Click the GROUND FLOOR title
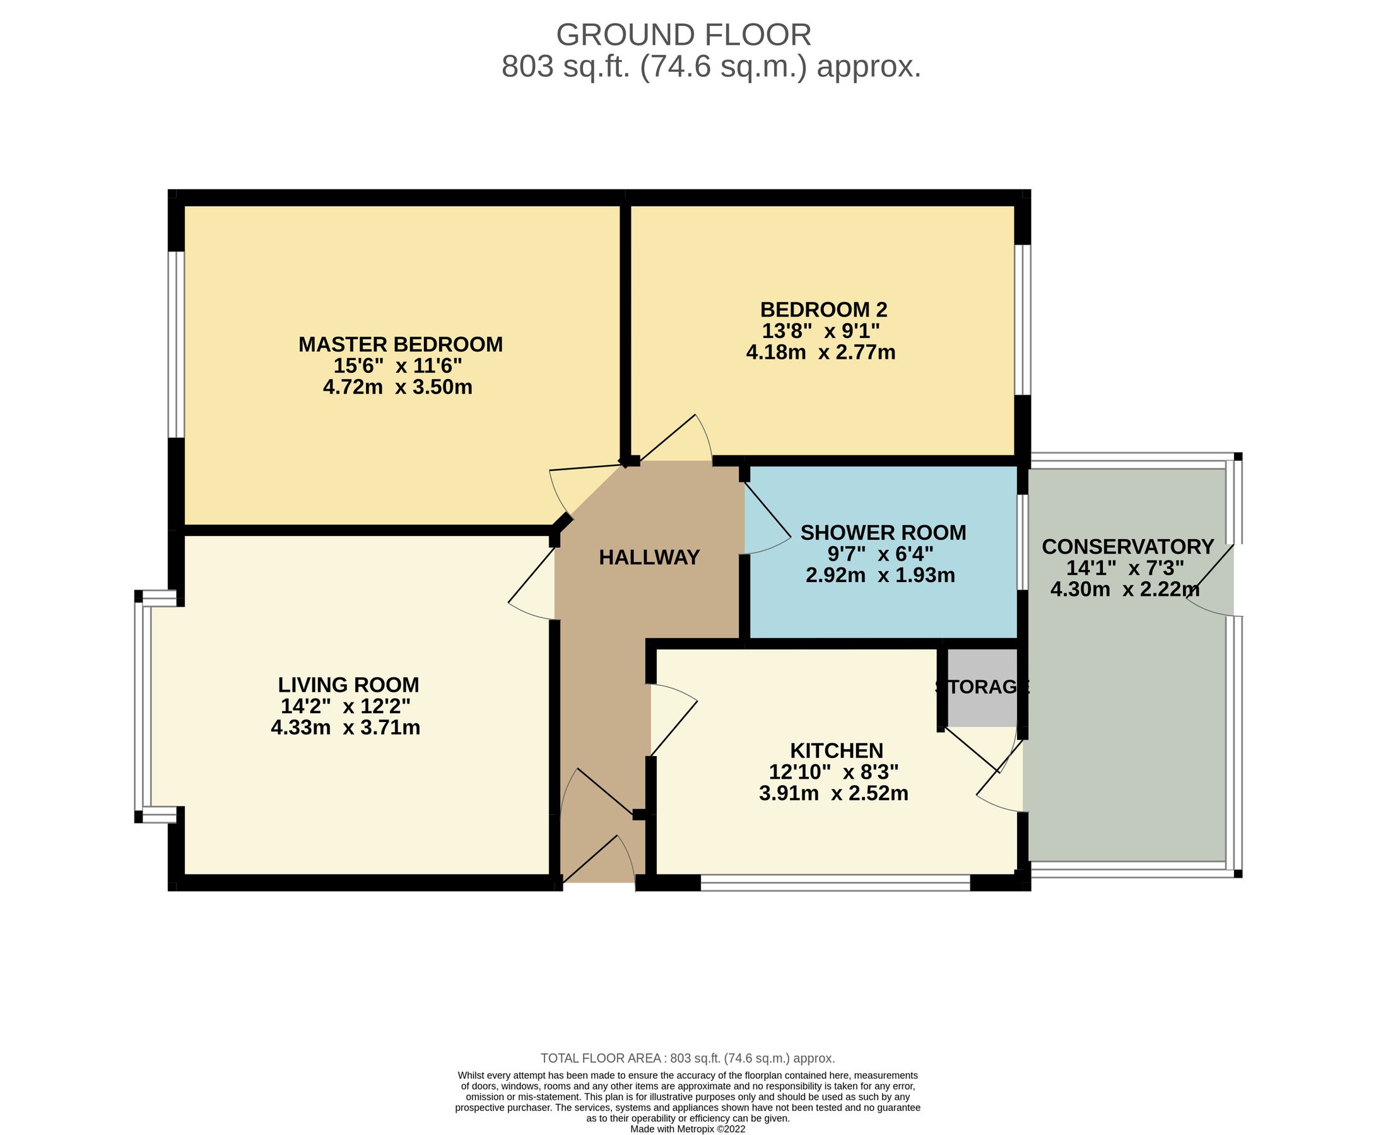coord(683,35)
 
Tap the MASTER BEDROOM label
coord(400,344)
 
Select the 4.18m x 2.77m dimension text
coord(820,353)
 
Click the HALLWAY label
coord(649,557)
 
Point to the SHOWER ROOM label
coord(882,533)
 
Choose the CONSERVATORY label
coord(1127,546)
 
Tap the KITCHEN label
coord(836,750)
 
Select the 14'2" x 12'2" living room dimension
coord(345,706)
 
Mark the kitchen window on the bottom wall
coord(835,883)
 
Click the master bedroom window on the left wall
coord(175,344)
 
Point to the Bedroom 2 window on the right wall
coord(1021,320)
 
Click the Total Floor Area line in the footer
coord(687,1058)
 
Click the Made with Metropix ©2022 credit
coord(687,1129)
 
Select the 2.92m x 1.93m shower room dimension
coord(879,575)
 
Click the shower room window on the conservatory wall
coord(1020,542)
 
